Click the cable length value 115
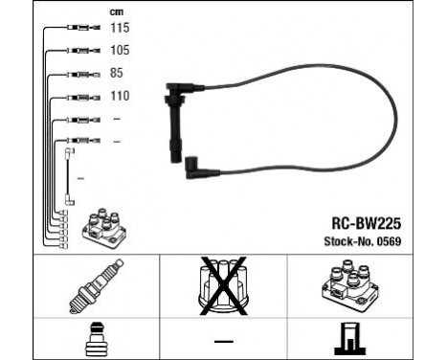coord(120,29)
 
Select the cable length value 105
coord(120,50)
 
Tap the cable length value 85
coord(117,73)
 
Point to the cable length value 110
coord(120,96)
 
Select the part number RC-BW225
coord(359,219)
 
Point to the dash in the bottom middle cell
coord(223,341)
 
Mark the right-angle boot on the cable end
coord(195,168)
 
